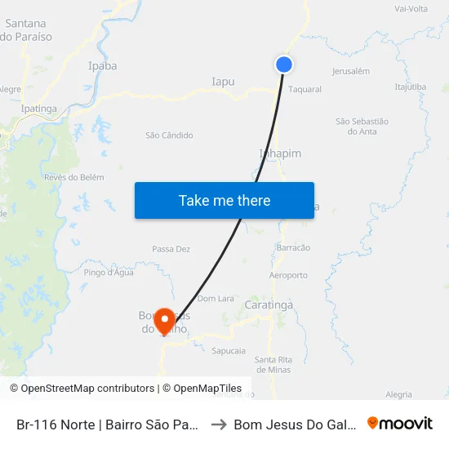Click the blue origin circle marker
284,64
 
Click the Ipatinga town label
38,108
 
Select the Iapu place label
223,82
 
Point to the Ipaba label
102,66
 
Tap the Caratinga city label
269,305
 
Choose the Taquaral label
305,90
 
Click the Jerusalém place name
352,71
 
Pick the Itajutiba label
410,87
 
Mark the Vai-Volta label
411,9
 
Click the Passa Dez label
171,249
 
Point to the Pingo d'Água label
109,273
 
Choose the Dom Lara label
216,299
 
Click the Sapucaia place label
229,350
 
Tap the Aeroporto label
287,275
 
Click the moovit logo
400,424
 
